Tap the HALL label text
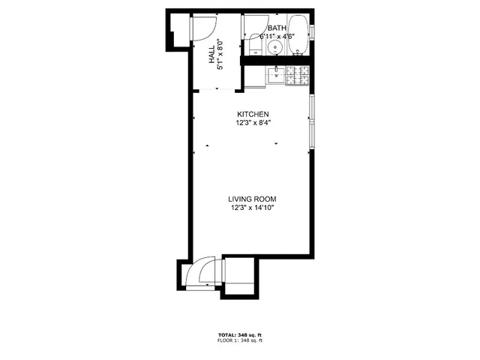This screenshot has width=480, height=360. point(212,54)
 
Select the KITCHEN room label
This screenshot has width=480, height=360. point(253,114)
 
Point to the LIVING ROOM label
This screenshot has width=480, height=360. point(253,199)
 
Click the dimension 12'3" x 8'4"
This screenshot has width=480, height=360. point(253,123)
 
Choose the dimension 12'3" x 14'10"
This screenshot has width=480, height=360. point(253,208)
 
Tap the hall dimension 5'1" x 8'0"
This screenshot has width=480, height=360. point(220,54)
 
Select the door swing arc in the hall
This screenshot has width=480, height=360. point(200,28)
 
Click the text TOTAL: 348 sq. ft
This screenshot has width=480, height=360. point(239,334)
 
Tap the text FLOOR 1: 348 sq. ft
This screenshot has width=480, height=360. point(239,341)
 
